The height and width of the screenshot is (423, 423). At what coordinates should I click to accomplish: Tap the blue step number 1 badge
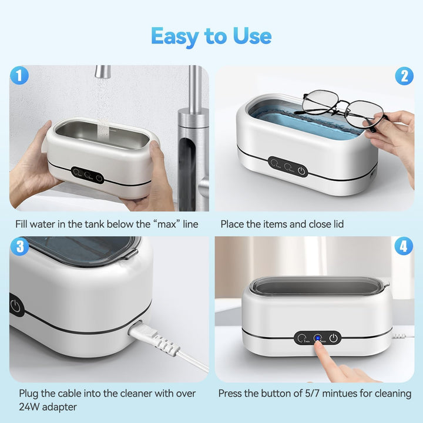point(20,76)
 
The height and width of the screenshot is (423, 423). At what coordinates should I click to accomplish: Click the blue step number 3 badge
point(20,247)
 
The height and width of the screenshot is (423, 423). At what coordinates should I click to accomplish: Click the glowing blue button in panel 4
point(317,338)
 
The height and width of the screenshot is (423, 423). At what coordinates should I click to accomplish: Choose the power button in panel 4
point(333,338)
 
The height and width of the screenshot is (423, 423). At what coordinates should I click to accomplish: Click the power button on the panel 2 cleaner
point(301,170)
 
